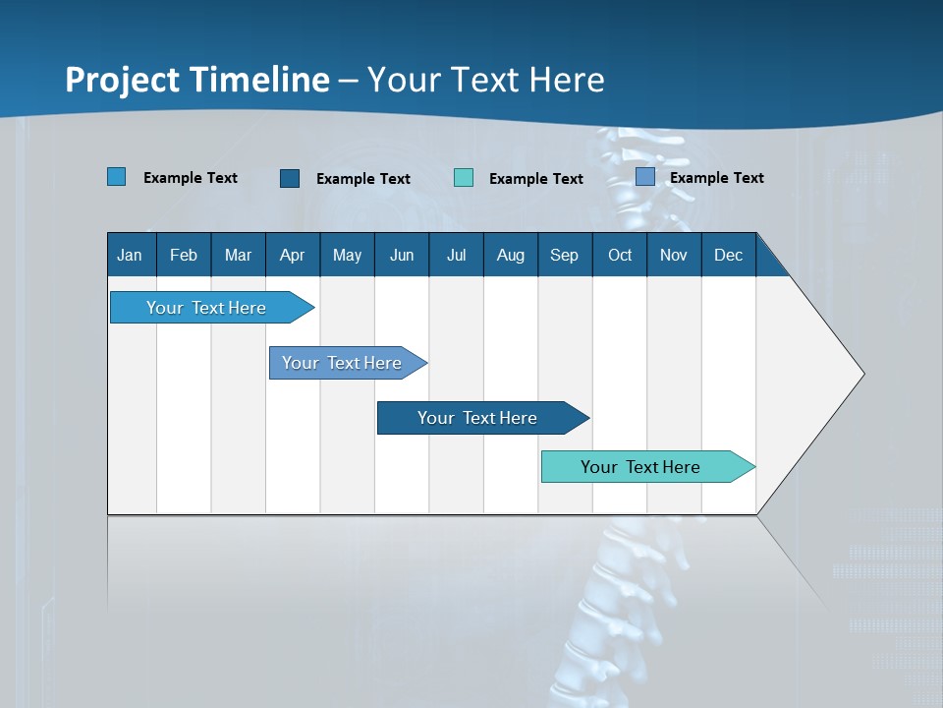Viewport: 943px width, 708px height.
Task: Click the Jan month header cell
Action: coord(131,255)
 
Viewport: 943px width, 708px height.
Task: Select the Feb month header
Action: coord(184,255)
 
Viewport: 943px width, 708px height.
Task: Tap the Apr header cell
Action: coord(293,255)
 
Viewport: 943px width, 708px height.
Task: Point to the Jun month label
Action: coord(402,255)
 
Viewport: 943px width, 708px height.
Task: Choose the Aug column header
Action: coord(511,255)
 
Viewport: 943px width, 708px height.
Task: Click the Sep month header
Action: coord(565,255)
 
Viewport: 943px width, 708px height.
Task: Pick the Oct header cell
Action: coord(620,255)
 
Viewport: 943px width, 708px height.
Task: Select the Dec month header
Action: coord(729,255)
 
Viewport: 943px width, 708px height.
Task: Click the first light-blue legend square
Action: coord(117,177)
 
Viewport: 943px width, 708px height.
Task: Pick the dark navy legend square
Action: coord(290,178)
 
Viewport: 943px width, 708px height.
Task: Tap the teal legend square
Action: coord(464,178)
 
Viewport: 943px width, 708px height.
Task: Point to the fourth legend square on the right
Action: coord(645,177)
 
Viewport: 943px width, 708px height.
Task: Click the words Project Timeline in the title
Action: coord(197,80)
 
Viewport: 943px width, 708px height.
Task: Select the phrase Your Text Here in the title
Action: coord(486,80)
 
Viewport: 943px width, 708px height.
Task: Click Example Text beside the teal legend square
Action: coord(536,179)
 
